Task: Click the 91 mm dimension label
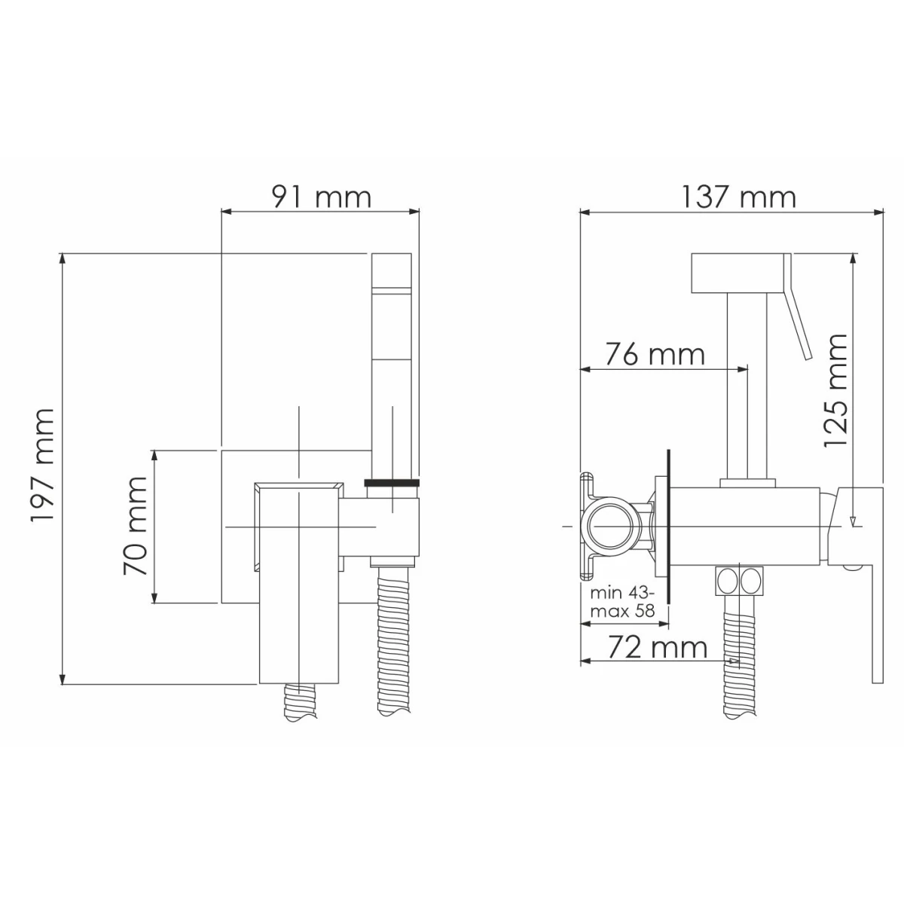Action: (322, 197)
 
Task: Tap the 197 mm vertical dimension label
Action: (42, 465)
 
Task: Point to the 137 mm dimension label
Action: (738, 197)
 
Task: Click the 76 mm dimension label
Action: (655, 354)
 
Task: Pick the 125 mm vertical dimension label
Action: (836, 391)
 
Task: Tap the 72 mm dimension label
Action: (658, 648)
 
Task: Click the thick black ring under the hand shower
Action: (392, 482)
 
